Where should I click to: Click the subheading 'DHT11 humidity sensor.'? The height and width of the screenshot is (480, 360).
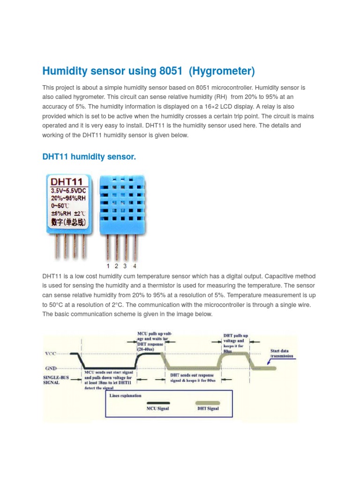point(89,157)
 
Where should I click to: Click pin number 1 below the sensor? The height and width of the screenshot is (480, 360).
point(108,266)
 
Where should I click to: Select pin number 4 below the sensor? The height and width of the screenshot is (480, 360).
point(135,266)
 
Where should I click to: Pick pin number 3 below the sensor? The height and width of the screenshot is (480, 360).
point(125,266)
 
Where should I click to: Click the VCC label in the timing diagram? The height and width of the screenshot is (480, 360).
point(51,353)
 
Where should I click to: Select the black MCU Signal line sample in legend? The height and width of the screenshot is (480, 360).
point(158,402)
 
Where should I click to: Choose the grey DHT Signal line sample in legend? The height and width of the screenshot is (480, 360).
point(207,402)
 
